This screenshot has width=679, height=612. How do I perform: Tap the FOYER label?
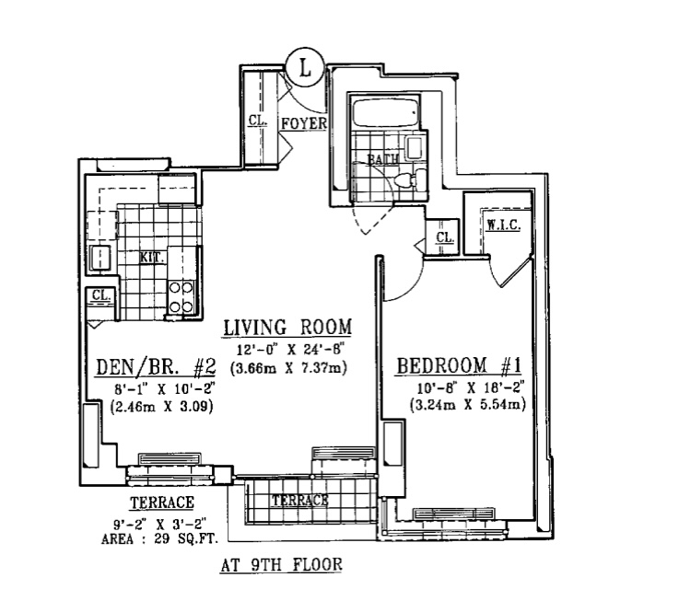(301, 122)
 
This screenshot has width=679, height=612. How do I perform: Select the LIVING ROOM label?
(288, 329)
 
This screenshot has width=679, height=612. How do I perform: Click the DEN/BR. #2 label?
(156, 369)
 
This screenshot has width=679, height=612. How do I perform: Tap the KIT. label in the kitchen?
(151, 258)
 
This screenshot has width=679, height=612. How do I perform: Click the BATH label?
(384, 158)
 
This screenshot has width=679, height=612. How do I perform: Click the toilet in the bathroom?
(405, 179)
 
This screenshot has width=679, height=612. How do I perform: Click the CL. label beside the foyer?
(257, 121)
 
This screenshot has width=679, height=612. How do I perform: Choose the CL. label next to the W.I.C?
(444, 237)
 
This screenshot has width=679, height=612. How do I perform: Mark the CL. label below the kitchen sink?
(100, 295)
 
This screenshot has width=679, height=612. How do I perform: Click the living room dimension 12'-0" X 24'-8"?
(288, 349)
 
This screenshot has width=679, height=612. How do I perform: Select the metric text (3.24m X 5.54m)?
(459, 404)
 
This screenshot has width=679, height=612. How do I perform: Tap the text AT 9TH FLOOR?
(280, 564)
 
